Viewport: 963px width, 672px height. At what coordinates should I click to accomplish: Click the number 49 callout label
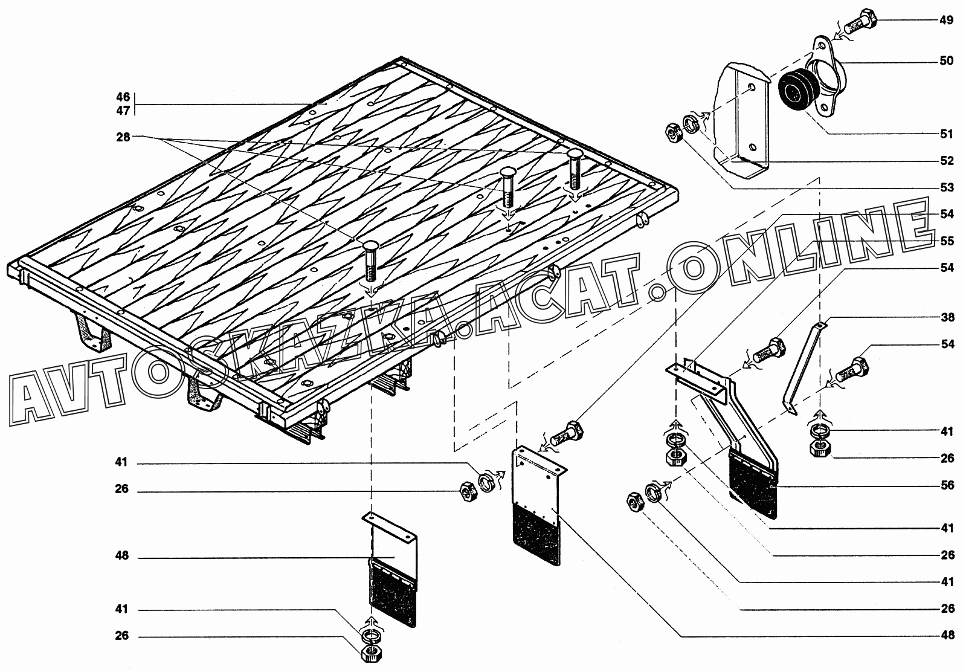(946, 20)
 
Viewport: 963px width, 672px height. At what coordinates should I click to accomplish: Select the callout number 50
(946, 61)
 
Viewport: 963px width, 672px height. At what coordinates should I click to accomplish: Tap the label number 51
(946, 134)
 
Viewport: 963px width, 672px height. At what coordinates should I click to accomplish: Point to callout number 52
(946, 161)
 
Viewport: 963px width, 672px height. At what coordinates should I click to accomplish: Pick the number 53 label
(946, 187)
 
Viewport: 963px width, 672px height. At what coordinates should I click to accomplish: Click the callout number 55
(946, 241)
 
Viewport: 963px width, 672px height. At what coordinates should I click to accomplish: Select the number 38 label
(946, 317)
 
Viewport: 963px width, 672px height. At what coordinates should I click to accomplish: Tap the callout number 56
(946, 485)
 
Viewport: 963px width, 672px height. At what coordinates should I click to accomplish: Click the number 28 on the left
(123, 138)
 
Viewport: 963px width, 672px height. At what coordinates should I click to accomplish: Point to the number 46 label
(123, 97)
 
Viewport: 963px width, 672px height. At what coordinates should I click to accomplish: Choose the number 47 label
(123, 111)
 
